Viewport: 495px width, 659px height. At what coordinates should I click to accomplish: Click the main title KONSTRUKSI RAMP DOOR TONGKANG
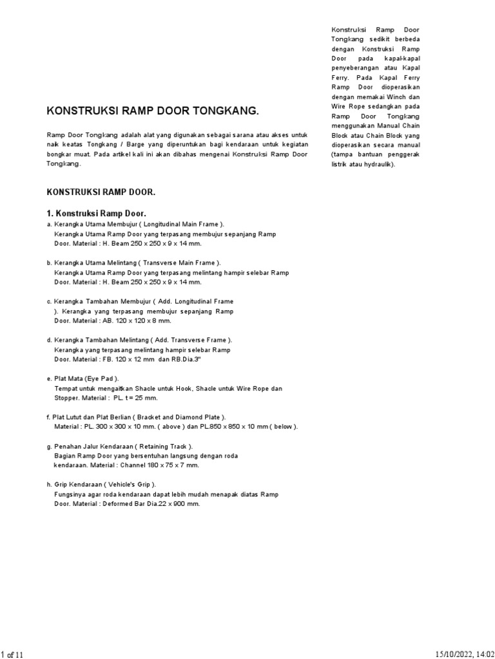click(x=153, y=111)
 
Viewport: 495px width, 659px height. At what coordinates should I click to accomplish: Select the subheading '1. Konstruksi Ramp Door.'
click(x=97, y=214)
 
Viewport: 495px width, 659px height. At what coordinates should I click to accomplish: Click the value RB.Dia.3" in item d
click(x=188, y=359)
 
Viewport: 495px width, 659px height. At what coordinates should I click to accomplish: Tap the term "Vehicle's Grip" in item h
click(x=131, y=485)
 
